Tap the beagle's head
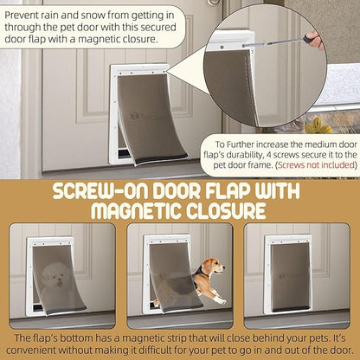(x=214, y=266)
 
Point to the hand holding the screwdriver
(x=317, y=42)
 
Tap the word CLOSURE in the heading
(x=226, y=210)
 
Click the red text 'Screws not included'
(x=316, y=165)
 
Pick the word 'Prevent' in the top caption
(x=21, y=15)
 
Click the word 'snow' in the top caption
(x=92, y=15)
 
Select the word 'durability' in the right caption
(x=244, y=155)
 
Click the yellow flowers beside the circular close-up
(x=318, y=125)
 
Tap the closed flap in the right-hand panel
(x=290, y=276)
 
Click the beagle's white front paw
(x=222, y=301)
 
